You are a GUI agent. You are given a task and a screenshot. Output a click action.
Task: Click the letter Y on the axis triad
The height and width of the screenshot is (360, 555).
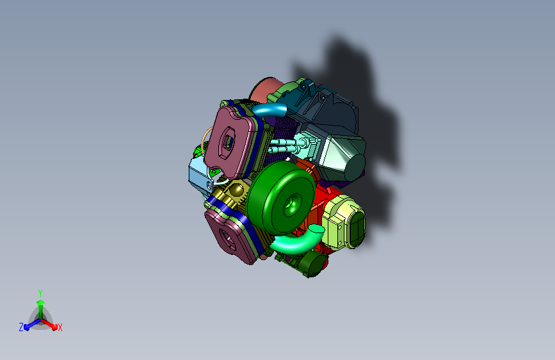tap(40, 293)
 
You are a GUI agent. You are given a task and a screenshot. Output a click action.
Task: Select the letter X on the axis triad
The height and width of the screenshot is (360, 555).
tap(60, 328)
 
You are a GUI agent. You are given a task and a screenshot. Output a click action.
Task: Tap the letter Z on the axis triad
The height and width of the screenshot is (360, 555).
tap(21, 327)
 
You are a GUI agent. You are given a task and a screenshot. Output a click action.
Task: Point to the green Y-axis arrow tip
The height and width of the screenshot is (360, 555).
tap(41, 302)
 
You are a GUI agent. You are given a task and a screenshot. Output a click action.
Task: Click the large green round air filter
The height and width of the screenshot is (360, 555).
tap(280, 198)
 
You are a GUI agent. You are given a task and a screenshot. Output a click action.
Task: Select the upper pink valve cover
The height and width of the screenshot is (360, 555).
tap(230, 142)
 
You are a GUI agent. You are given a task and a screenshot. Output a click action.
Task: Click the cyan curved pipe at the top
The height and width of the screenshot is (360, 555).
tap(269, 110)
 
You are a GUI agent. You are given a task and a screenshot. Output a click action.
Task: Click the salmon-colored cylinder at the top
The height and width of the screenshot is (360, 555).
tap(266, 90)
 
